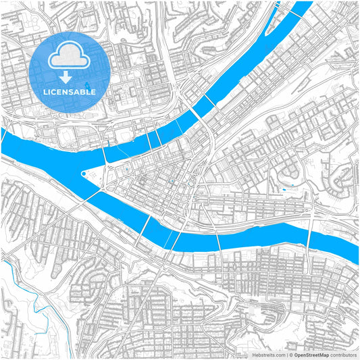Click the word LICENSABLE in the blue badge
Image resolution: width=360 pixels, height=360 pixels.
[70, 92]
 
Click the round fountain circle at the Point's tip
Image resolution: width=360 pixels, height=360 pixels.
[83, 174]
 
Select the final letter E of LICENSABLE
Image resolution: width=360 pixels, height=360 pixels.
[94, 92]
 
